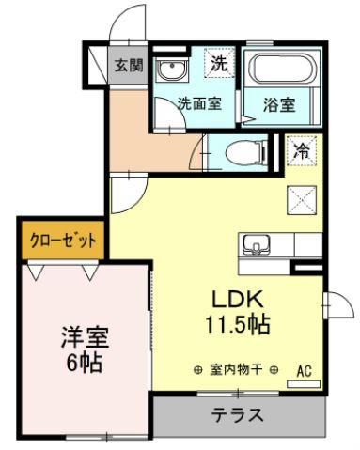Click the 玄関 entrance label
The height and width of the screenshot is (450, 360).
pyautogui.click(x=129, y=66)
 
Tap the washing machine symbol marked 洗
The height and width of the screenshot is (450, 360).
pyautogui.click(x=219, y=62)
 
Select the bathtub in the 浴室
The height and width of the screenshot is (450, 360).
pyautogui.click(x=281, y=70)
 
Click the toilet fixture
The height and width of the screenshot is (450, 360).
pyautogui.click(x=245, y=153)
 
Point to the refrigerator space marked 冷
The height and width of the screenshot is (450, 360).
pyautogui.click(x=302, y=151)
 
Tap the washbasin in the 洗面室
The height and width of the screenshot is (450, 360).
pyautogui.click(x=172, y=70)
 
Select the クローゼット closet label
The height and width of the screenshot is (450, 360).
pyautogui.click(x=63, y=241)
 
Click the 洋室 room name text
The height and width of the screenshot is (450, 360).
pyautogui.click(x=85, y=337)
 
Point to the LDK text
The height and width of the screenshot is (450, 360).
pyautogui.click(x=237, y=299)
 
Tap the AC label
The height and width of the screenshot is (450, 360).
pyautogui.click(x=304, y=371)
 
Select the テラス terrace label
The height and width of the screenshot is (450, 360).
pyautogui.click(x=237, y=415)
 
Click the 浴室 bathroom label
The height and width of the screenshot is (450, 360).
pyautogui.click(x=279, y=104)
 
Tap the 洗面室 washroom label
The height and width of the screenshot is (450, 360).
pyautogui.click(x=200, y=103)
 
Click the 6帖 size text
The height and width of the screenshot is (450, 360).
pyautogui.click(x=85, y=363)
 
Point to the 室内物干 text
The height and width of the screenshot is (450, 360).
pyautogui.click(x=235, y=370)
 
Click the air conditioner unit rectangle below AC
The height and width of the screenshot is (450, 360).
pyautogui.click(x=304, y=384)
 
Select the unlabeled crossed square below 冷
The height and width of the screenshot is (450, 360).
pyautogui.click(x=302, y=200)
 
